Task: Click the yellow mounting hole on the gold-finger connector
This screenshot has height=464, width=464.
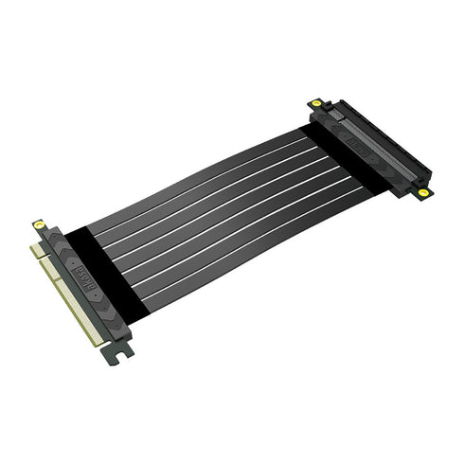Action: pyautogui.click(x=39, y=225)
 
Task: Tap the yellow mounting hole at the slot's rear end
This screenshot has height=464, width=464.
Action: pyautogui.click(x=314, y=103)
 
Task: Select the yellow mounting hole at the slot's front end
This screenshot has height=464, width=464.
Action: pyautogui.click(x=423, y=192)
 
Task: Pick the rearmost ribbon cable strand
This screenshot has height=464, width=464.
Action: pyautogui.click(x=189, y=170)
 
